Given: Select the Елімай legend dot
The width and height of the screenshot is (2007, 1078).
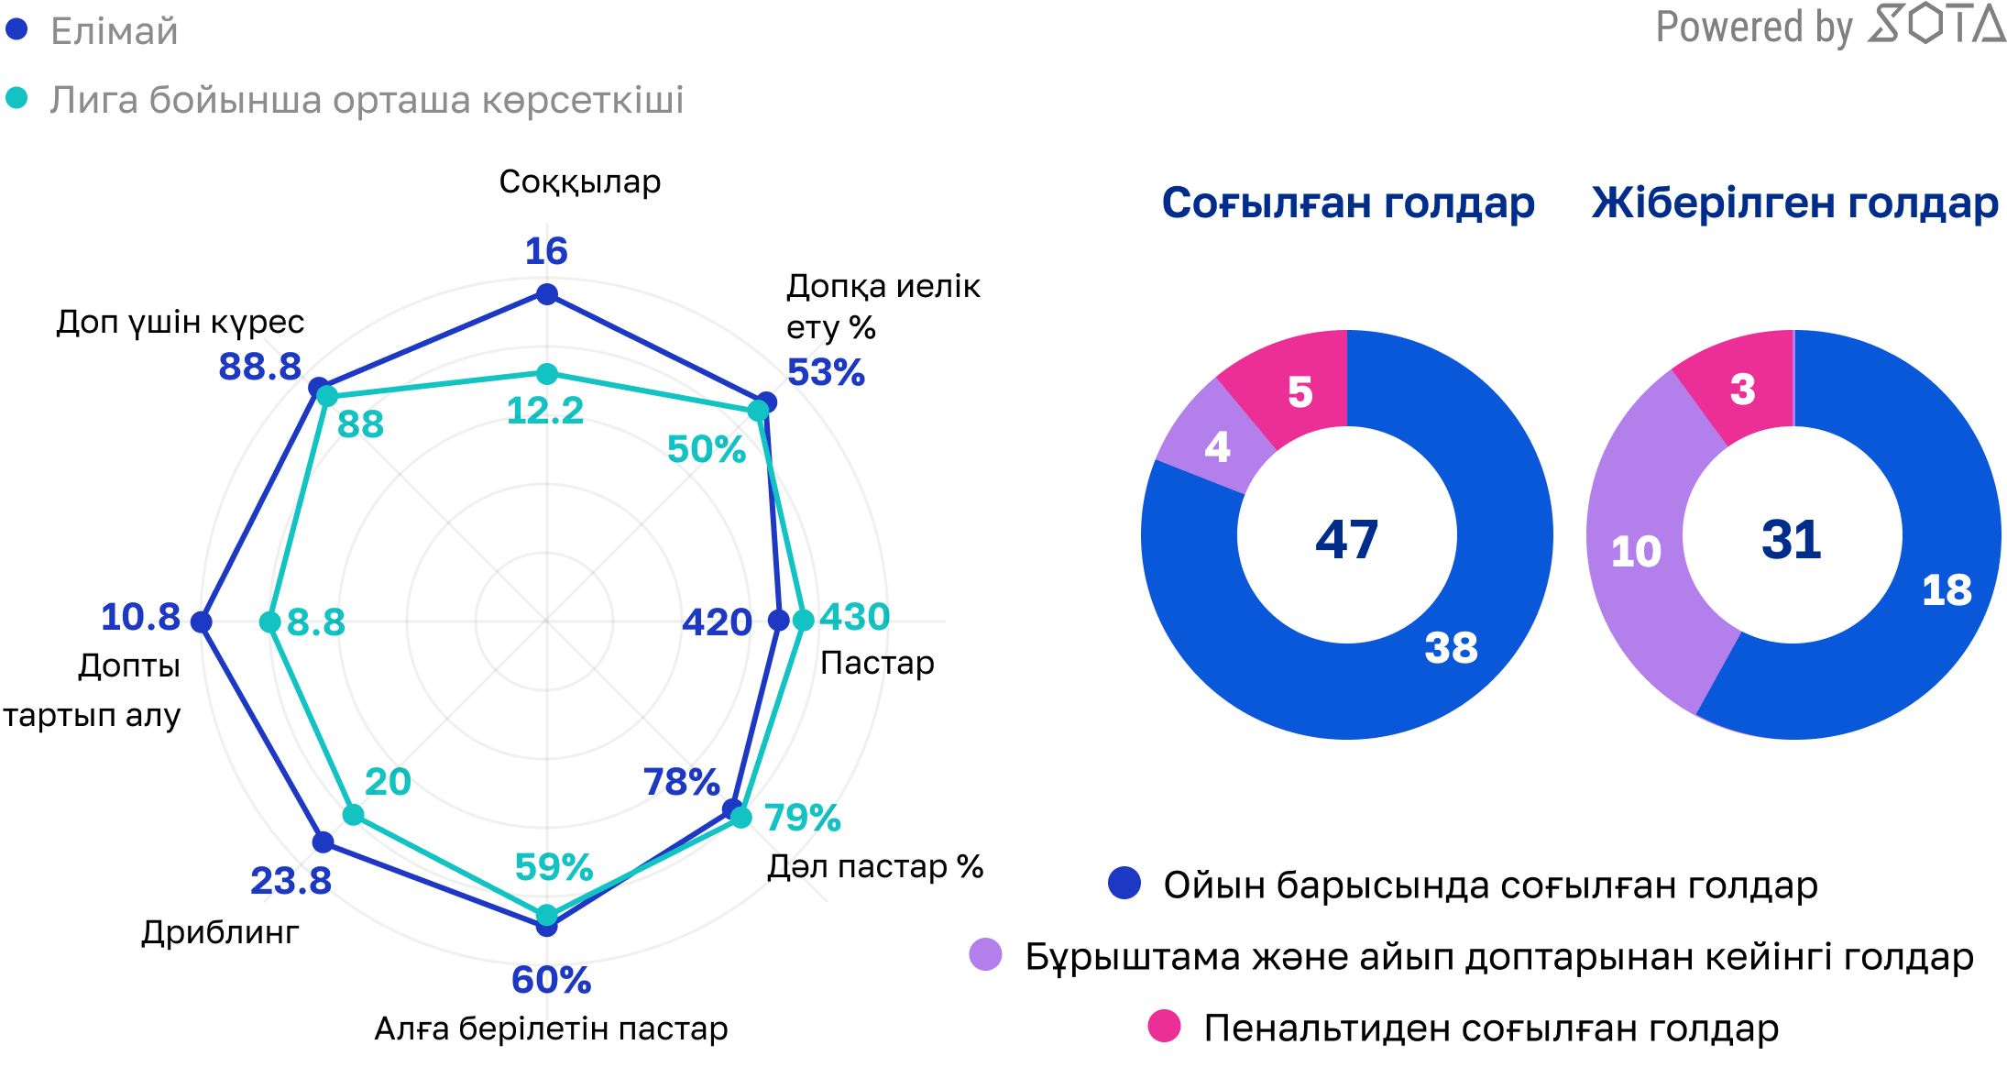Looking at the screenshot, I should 16,29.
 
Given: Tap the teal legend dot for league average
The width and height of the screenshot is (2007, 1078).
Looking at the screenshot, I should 16,98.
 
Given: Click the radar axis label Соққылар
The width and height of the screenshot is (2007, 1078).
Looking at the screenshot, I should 579,181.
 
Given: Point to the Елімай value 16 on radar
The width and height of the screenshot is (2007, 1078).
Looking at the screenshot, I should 546,251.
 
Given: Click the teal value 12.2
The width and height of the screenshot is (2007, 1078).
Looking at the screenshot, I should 545,411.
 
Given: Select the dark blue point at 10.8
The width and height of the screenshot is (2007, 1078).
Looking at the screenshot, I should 202,622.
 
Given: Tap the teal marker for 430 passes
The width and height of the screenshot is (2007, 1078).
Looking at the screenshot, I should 803,621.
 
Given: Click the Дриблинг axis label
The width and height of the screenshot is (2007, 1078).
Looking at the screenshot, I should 220,932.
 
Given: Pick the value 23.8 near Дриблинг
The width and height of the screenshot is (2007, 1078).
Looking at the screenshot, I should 291,881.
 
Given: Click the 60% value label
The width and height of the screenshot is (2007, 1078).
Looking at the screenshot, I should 551,980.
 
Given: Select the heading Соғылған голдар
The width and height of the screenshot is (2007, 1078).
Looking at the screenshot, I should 1348,203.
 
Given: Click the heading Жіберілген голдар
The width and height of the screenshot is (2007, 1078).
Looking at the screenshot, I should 1794,203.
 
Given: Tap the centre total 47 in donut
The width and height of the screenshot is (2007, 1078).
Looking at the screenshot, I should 1346,539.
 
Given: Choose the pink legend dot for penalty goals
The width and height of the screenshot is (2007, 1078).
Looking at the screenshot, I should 1164,1026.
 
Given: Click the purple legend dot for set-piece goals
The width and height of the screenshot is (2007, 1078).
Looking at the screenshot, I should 985,954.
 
